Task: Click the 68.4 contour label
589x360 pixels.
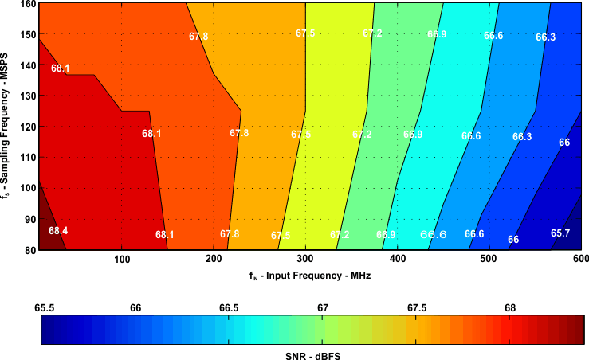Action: tap(58, 231)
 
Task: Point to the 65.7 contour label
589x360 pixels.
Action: tap(560, 233)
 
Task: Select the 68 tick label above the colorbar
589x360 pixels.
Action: tap(510, 307)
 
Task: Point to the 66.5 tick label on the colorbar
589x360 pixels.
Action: tap(230, 307)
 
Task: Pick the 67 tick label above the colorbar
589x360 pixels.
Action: tap(323, 307)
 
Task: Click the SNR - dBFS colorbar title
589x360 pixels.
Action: tap(313, 353)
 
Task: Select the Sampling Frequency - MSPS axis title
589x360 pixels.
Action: tap(8, 127)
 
